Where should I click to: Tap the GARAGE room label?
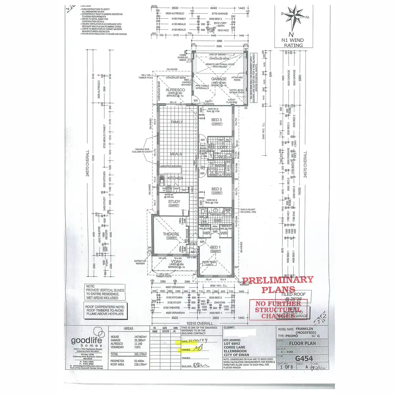click(x=219, y=79)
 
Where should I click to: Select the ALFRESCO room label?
click(x=175, y=90)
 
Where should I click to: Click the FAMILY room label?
click(x=177, y=122)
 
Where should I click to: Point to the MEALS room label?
click(x=176, y=154)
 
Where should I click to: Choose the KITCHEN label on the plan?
click(x=175, y=178)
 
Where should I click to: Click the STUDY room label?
click(x=174, y=202)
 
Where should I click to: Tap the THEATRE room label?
click(x=171, y=234)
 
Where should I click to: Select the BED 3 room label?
click(x=217, y=120)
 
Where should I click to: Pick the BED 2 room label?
click(x=217, y=189)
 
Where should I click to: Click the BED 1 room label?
click(x=215, y=247)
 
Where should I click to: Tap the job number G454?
click(x=304, y=358)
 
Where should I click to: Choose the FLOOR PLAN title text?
click(x=302, y=343)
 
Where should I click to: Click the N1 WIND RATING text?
click(x=293, y=43)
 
